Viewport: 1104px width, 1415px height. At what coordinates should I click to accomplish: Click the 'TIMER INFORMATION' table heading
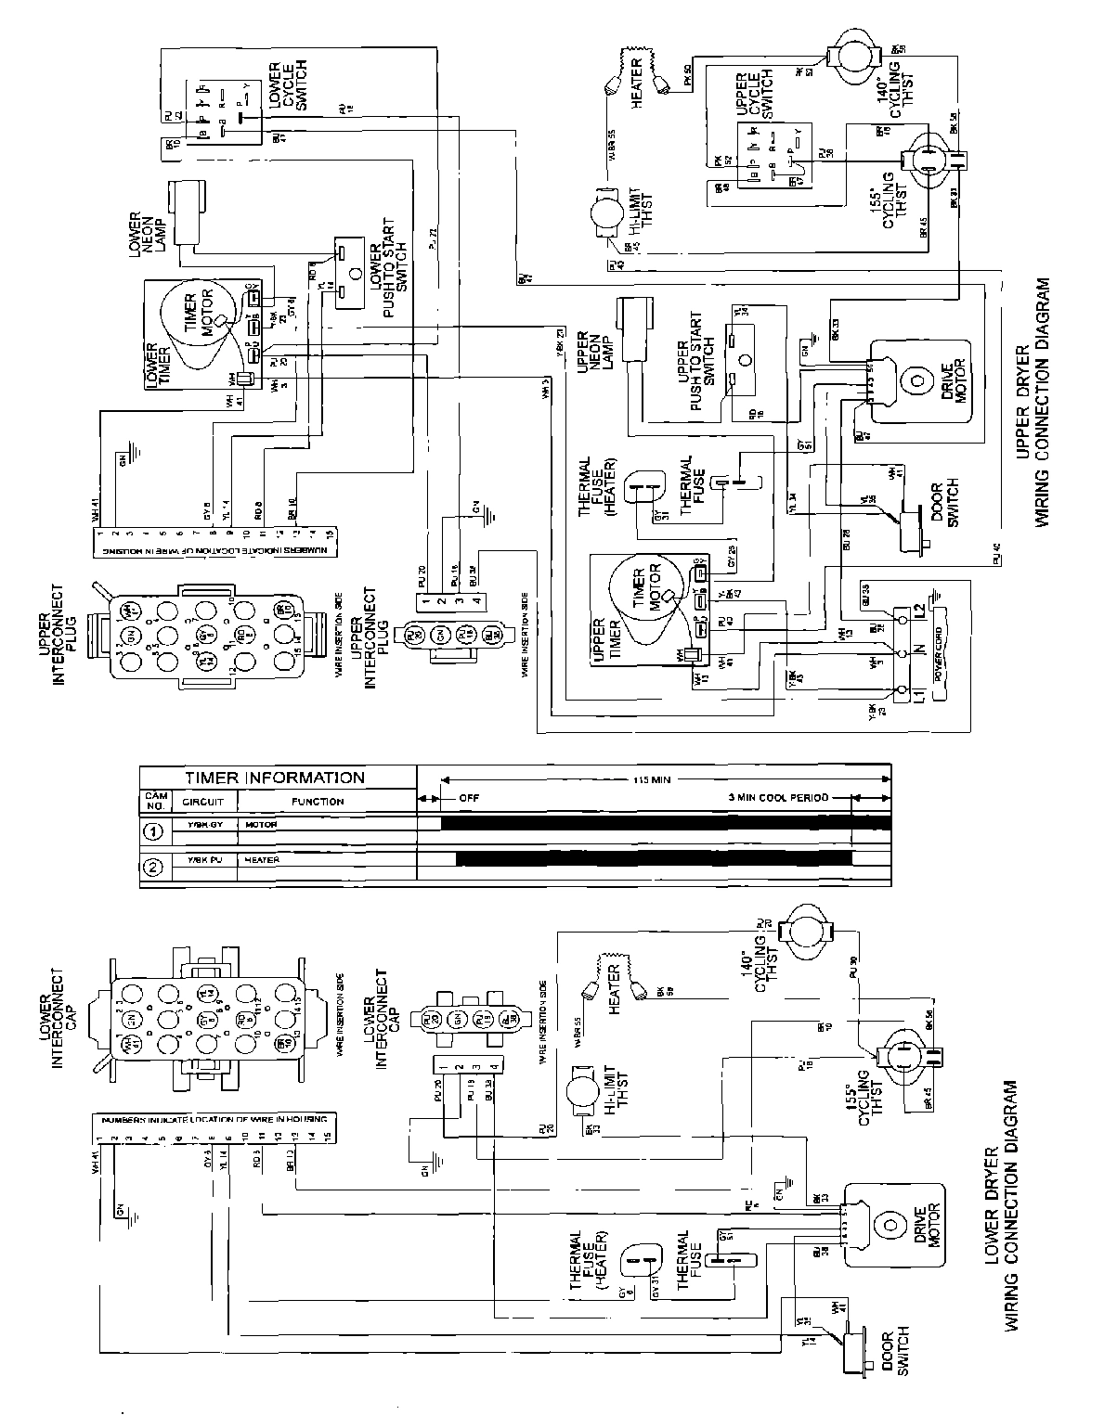point(275,778)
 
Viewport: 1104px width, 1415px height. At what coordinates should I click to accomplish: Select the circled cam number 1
point(155,831)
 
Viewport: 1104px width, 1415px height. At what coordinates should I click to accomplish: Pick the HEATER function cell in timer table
point(264,860)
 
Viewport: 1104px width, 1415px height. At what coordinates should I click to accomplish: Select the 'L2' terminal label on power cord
point(918,613)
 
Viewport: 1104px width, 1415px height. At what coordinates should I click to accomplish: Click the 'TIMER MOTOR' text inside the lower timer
point(202,318)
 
